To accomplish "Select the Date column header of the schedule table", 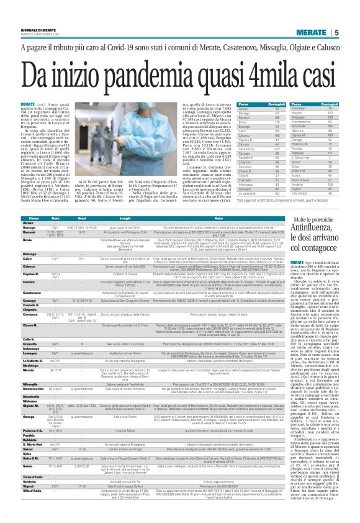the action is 55,218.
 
